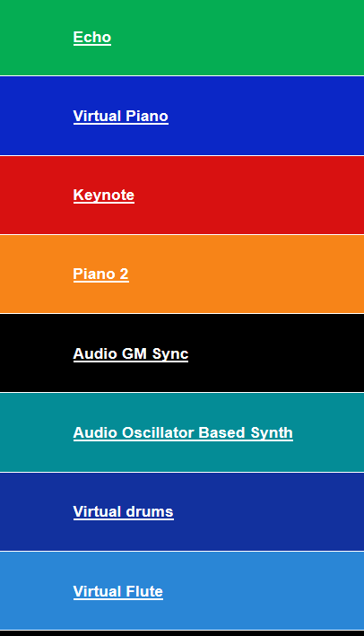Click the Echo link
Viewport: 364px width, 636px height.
92,38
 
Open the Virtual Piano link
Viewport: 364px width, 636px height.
121,117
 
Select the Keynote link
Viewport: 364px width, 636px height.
104,195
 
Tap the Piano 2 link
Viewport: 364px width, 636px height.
101,274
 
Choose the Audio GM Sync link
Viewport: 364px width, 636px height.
131,353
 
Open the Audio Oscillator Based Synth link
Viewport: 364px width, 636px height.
183,432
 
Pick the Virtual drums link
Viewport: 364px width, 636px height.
123,512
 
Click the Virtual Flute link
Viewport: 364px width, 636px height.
118,591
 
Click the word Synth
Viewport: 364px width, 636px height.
272,433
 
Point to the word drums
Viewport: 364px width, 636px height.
150,511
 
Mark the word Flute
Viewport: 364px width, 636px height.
144,591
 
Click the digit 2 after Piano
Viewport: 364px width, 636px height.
124,274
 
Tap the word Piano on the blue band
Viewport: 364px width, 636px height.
147,116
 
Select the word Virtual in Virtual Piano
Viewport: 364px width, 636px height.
98,116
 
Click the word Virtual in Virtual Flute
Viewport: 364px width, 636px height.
98,591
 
